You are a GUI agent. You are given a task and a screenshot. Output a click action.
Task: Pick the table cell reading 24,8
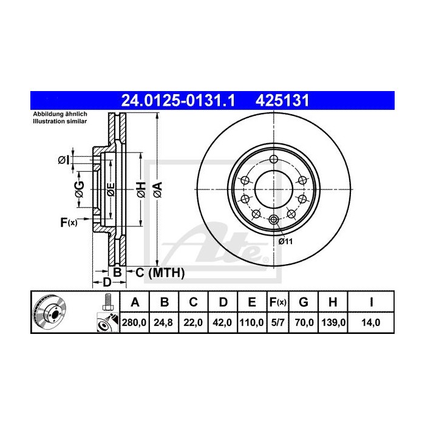(164, 323)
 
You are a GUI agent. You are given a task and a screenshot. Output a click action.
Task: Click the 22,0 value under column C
(192, 323)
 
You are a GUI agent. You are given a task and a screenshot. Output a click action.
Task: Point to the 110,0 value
(250, 323)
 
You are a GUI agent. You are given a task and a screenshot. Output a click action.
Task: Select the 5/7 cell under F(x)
(277, 323)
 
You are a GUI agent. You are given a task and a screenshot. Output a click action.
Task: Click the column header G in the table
(304, 302)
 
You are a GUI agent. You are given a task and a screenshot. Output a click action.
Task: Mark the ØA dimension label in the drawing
(157, 189)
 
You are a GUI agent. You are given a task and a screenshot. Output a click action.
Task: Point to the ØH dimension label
(139, 189)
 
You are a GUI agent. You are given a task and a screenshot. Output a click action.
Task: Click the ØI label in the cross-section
(63, 160)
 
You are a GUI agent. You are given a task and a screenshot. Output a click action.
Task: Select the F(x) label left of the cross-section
(69, 223)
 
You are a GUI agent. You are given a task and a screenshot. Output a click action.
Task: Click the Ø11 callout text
(286, 241)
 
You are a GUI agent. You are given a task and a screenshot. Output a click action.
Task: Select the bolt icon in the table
(107, 302)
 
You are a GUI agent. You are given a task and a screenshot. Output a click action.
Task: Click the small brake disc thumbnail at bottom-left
(49, 313)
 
